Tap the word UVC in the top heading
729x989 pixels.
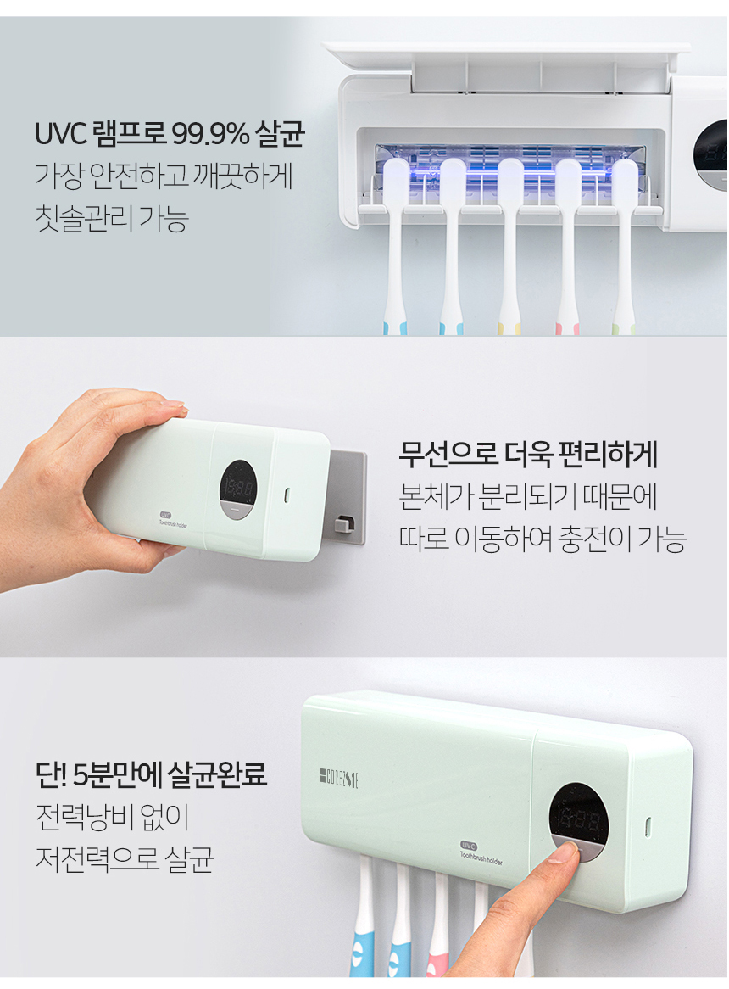(x=60, y=134)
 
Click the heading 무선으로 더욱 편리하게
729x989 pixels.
(x=528, y=454)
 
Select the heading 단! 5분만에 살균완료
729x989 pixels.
(x=151, y=774)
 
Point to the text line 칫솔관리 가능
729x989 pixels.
(x=112, y=218)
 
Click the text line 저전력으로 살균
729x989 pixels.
(x=125, y=858)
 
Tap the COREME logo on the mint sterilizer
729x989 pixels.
(x=339, y=779)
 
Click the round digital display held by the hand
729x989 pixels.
(x=237, y=489)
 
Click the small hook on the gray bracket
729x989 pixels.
(x=343, y=523)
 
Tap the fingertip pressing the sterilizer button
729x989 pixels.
(x=564, y=853)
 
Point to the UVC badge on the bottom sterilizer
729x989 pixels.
(x=468, y=846)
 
